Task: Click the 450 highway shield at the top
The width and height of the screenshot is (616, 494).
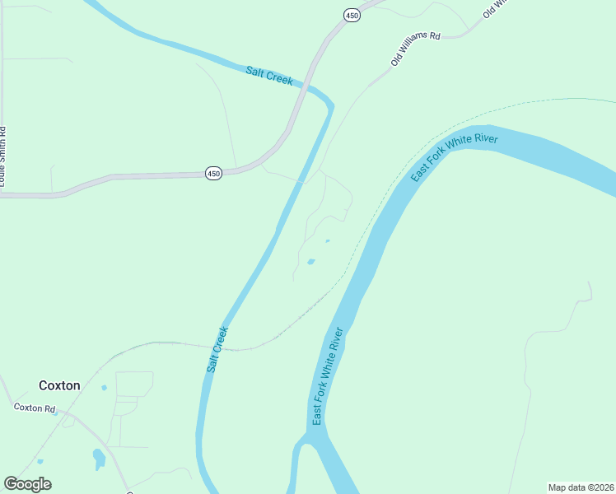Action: tap(352, 16)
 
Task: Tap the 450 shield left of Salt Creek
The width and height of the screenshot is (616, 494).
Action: tap(213, 174)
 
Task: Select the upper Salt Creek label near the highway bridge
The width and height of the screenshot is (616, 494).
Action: tap(269, 76)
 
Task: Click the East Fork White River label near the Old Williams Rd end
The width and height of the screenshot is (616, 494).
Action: tap(455, 158)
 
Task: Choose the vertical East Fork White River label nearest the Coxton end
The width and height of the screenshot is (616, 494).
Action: tap(326, 377)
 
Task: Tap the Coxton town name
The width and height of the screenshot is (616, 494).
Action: tap(59, 385)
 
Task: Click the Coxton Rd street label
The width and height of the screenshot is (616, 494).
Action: tap(34, 408)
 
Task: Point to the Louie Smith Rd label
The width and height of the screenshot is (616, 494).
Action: tap(3, 156)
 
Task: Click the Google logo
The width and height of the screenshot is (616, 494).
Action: tap(27, 484)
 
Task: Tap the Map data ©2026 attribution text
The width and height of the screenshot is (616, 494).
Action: tap(580, 487)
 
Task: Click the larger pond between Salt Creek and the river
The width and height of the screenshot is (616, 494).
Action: tap(310, 262)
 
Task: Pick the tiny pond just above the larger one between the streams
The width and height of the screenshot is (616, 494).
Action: tap(328, 241)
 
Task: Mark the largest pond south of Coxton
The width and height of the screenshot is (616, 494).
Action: tap(99, 458)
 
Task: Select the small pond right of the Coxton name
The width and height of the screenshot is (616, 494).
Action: tap(104, 387)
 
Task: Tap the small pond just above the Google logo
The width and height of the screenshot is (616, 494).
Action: tap(40, 462)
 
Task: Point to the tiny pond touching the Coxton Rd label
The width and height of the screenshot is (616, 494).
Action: tap(56, 412)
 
